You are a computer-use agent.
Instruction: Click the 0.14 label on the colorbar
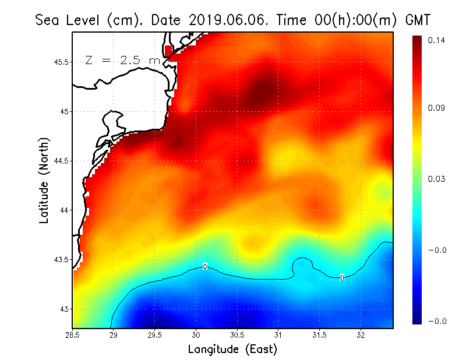tap(437, 40)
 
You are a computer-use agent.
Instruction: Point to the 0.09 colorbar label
tap(437, 108)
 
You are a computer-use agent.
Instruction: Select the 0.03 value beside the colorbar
tap(437, 179)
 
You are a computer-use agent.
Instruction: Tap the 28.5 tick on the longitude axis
tap(73, 334)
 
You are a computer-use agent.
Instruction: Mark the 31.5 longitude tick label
tap(319, 334)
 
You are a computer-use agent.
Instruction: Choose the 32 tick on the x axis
tap(361, 334)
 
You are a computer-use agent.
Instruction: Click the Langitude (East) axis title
tap(232, 349)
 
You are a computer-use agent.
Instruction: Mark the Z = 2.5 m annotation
tap(123, 61)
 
